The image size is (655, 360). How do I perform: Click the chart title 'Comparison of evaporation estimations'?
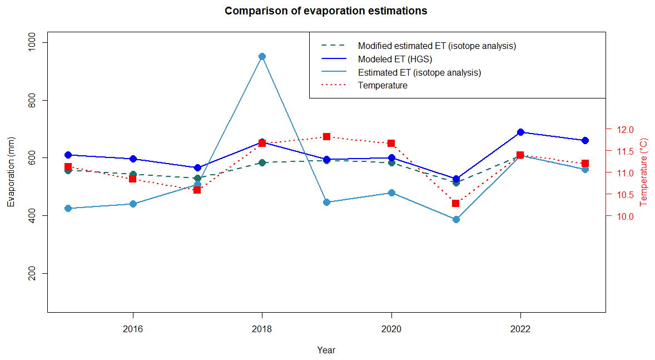click(x=326, y=11)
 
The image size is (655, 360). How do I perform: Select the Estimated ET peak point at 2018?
click(x=262, y=56)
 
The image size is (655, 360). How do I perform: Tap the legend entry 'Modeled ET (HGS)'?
click(x=395, y=59)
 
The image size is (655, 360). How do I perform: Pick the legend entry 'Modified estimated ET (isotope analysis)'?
click(x=436, y=46)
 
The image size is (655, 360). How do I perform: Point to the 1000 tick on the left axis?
click(x=35, y=42)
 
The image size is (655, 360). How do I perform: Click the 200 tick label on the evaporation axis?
click(x=35, y=273)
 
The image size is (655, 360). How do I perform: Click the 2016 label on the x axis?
click(x=132, y=329)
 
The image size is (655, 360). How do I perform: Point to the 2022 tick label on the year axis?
click(x=520, y=329)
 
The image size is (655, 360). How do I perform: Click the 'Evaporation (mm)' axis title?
click(x=11, y=172)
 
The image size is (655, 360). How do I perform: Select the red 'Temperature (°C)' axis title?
click(x=644, y=172)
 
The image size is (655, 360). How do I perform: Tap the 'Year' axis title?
click(x=326, y=351)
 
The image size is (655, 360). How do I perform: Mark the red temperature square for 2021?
click(x=455, y=203)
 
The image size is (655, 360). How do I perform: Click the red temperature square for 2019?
click(x=326, y=136)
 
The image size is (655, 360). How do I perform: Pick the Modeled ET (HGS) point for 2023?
click(x=585, y=140)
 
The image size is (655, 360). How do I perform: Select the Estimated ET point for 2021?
click(x=456, y=219)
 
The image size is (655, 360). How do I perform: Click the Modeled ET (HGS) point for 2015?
click(x=68, y=155)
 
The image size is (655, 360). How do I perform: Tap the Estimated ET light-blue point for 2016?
click(x=133, y=204)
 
